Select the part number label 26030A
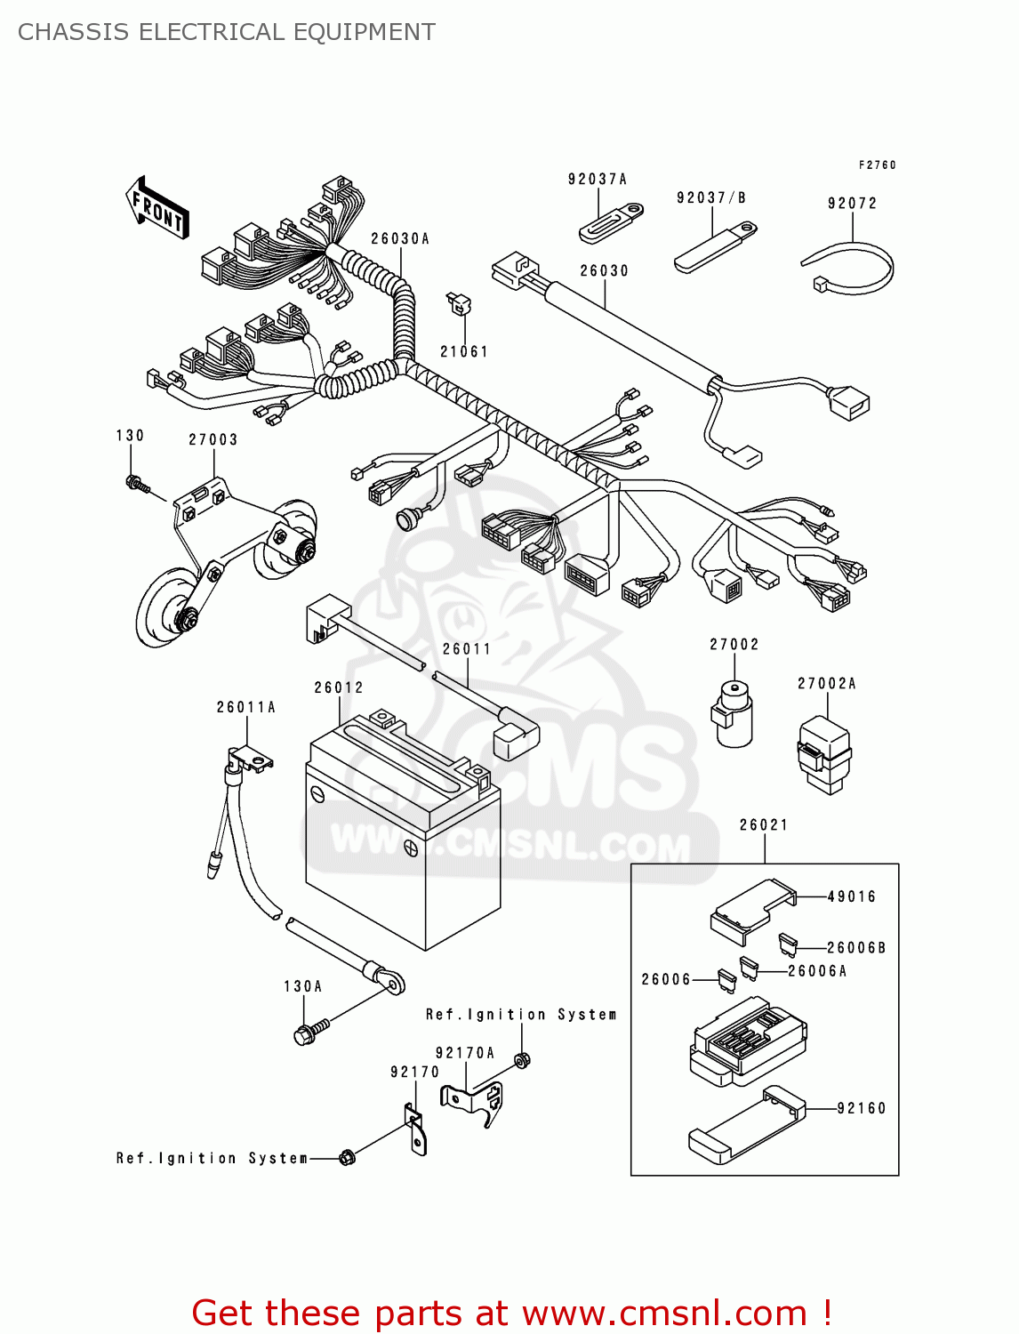[399, 238]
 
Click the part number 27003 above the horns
[213, 439]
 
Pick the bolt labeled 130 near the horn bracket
[137, 485]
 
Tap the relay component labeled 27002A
[824, 752]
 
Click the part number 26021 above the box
[763, 824]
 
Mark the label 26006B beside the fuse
[855, 948]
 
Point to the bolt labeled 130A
[308, 1033]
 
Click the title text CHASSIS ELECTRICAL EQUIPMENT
[227, 32]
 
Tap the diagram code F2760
[877, 165]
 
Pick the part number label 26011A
[245, 707]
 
